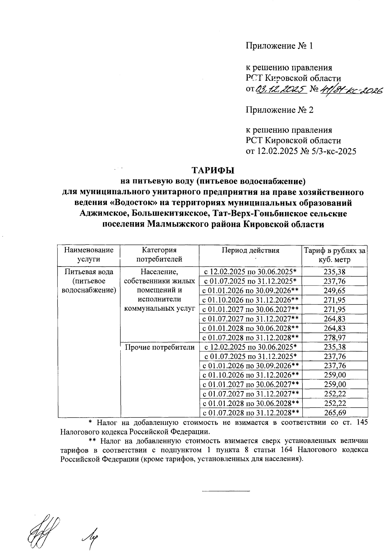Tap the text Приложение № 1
point(279,46)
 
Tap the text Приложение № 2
point(279,110)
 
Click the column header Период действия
point(250,250)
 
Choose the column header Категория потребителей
point(159,255)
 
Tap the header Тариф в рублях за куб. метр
point(335,255)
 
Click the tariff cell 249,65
point(335,291)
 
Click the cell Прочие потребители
point(160,347)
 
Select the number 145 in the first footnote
point(362,422)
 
